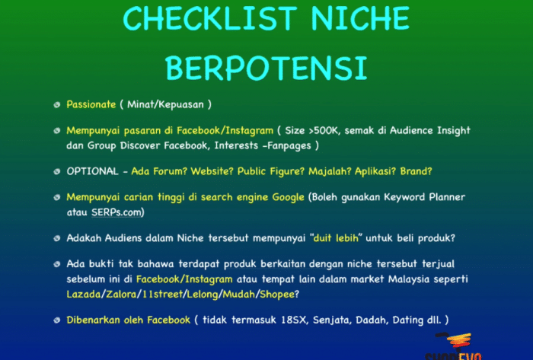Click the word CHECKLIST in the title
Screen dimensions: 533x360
pyautogui.click(x=210, y=18)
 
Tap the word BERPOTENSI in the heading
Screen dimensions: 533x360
pyautogui.click(x=266, y=68)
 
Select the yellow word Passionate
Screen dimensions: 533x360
pyautogui.click(x=91, y=104)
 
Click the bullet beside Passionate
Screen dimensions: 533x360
pyautogui.click(x=57, y=105)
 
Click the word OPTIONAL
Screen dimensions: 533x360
pyautogui.click(x=92, y=171)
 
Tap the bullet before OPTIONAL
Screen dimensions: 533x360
pyautogui.click(x=57, y=171)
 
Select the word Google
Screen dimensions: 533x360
pyautogui.click(x=288, y=197)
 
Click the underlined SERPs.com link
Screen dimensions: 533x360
pyautogui.click(x=116, y=212)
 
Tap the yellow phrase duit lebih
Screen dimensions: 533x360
pyautogui.click(x=336, y=237)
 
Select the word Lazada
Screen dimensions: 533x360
pyautogui.click(x=83, y=294)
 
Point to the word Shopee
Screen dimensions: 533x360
pyautogui.click(x=276, y=294)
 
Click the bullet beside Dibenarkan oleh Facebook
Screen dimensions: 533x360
pyautogui.click(x=57, y=320)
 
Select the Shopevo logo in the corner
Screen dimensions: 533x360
pyautogui.click(x=453, y=346)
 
